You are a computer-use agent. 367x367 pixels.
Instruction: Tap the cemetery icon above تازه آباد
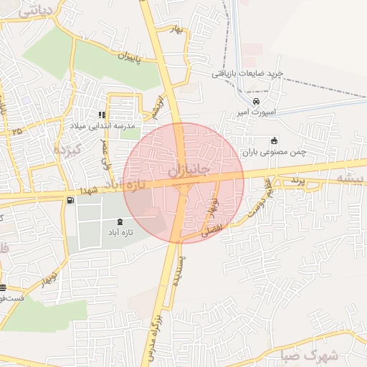point(119,221)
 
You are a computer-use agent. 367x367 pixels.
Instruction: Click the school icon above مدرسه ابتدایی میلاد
point(102,115)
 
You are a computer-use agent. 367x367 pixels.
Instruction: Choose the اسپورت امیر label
point(256,113)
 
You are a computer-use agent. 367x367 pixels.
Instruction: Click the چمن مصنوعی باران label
point(273,152)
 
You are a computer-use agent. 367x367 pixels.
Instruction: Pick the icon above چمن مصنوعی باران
point(273,140)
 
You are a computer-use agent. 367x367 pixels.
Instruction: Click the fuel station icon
point(70,201)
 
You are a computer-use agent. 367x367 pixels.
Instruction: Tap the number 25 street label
point(16,131)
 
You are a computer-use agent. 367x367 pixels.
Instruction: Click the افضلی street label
point(214,231)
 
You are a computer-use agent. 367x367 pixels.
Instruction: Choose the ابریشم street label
point(157,106)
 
